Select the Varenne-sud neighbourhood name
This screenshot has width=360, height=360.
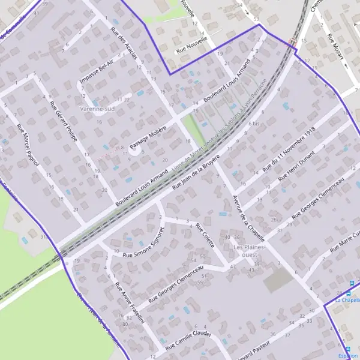point(97,109)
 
